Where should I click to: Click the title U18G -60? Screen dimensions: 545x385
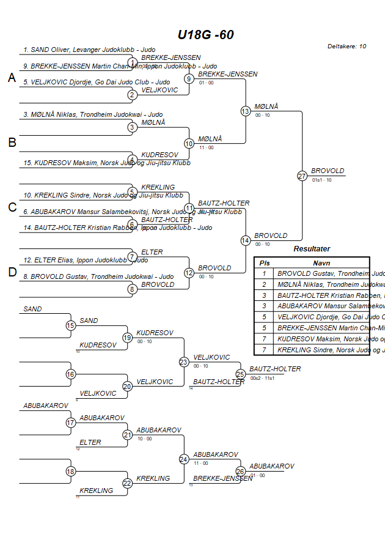(x=205, y=35)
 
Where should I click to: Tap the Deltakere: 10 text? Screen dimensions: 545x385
(x=346, y=46)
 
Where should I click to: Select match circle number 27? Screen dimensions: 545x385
(x=302, y=176)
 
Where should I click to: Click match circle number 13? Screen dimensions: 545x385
(x=246, y=111)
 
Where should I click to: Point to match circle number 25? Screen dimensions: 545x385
(x=240, y=374)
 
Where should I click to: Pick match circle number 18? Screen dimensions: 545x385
(x=71, y=472)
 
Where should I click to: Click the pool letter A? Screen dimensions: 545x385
(x=12, y=78)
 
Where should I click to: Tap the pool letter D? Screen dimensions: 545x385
(x=12, y=272)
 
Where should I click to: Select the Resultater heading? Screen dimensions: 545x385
(x=312, y=249)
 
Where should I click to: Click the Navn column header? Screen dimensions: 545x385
(x=321, y=262)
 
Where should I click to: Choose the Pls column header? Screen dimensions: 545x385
(x=264, y=262)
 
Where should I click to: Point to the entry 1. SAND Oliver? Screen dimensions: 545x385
(x=89, y=50)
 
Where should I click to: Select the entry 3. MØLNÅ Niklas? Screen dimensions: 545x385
(x=93, y=114)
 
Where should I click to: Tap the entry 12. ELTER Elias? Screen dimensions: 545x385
(x=86, y=260)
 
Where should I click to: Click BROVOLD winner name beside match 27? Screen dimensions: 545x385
(x=328, y=171)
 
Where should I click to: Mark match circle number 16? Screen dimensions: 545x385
(x=71, y=374)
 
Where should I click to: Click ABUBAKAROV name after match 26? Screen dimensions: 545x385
(x=271, y=466)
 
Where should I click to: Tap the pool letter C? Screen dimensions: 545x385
(x=12, y=207)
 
